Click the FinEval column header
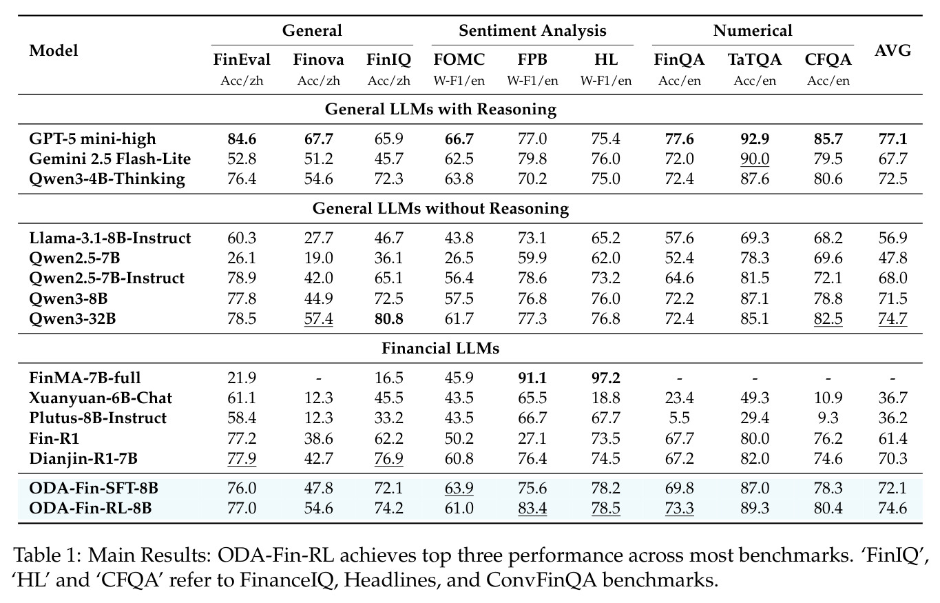[x=242, y=60]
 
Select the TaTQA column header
[x=755, y=60]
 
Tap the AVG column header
[x=892, y=51]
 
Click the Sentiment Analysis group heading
[x=532, y=30]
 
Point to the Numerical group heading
[x=753, y=30]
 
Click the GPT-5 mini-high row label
[x=92, y=139]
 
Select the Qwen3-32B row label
[x=72, y=318]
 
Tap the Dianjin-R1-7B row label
[x=83, y=458]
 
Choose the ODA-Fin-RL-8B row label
[x=90, y=508]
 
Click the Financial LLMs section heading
[x=440, y=349]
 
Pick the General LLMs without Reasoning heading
[x=441, y=208]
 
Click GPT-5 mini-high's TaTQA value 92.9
[x=755, y=139]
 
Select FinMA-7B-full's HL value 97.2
[x=605, y=378]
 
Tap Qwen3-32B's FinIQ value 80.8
[x=388, y=318]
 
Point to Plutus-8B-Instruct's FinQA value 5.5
[x=679, y=418]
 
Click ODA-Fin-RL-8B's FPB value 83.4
[x=532, y=509]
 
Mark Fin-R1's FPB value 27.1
[x=532, y=438]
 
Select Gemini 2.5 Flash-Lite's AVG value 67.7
[x=892, y=159]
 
